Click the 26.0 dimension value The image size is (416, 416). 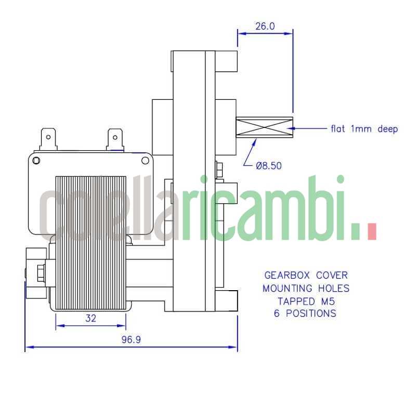coord(265,27)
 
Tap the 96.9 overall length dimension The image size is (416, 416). coord(131,340)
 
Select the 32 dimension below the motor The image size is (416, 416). coord(90,318)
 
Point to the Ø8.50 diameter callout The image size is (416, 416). coord(268,166)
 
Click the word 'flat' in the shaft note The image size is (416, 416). coord(337,128)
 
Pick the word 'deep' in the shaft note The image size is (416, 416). coord(387,129)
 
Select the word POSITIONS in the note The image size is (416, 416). coord(311,314)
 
